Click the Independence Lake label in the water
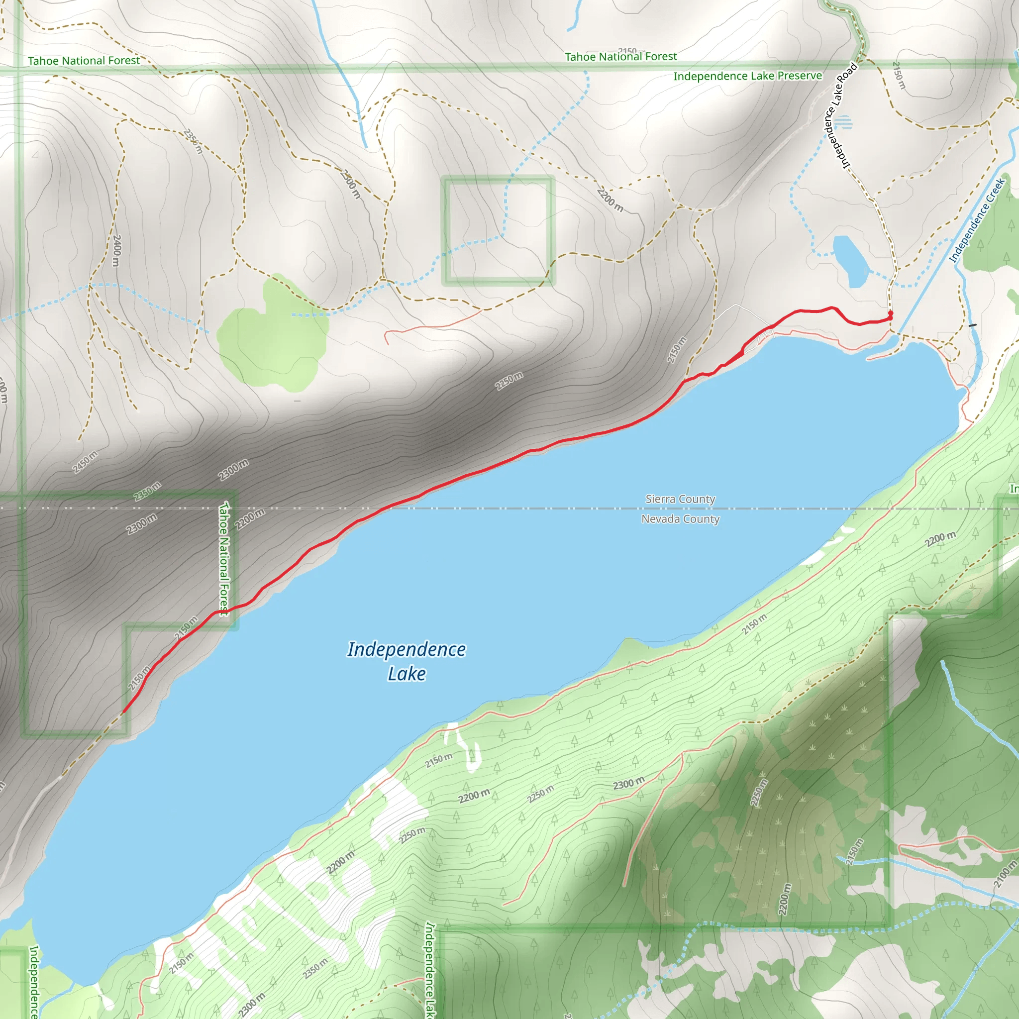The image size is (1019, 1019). [406, 661]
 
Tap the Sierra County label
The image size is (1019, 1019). [680, 499]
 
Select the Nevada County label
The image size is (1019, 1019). [680, 519]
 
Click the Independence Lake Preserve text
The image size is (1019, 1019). [747, 76]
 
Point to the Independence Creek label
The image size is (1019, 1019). [976, 220]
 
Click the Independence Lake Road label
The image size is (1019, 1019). [840, 116]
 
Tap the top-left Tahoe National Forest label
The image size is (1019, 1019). [84, 61]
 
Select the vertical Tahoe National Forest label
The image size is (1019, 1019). [225, 559]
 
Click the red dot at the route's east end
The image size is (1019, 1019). [890, 314]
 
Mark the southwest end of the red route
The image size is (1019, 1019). [123, 713]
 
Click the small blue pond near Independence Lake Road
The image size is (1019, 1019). [850, 261]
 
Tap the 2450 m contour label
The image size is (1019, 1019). [85, 463]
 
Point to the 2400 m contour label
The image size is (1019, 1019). [117, 251]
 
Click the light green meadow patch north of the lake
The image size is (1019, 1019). [272, 337]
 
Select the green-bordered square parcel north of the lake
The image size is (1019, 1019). [498, 230]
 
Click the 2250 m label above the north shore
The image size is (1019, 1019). [509, 381]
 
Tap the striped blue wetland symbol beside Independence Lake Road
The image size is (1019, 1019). [844, 122]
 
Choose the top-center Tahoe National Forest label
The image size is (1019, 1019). [621, 56]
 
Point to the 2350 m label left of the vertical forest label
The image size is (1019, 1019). [147, 492]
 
